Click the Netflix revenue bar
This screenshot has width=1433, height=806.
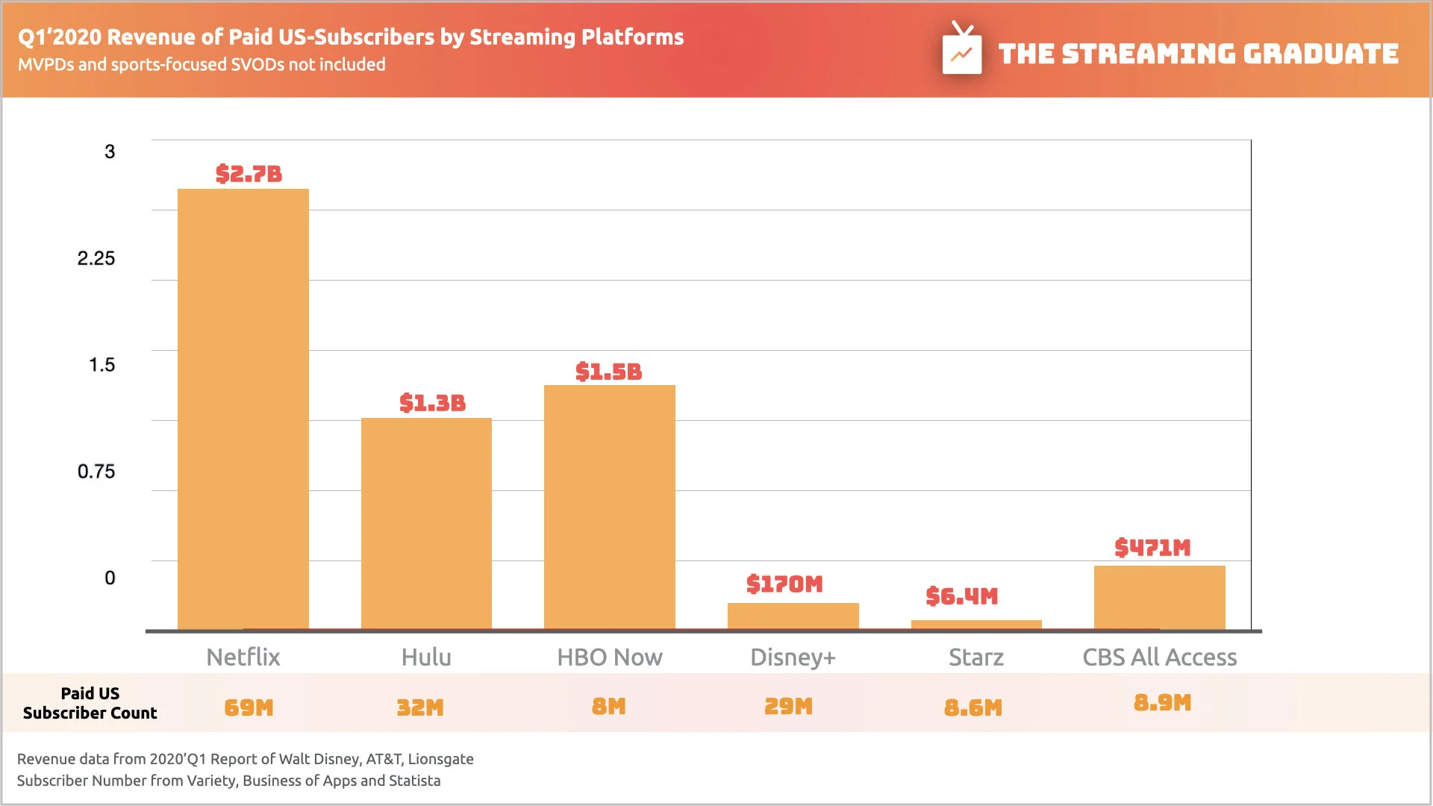pos(243,409)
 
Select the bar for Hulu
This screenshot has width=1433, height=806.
pos(426,523)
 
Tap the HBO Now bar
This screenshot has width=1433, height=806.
pos(609,507)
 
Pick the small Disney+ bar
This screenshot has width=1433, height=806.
pos(793,616)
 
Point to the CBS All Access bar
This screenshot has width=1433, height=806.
pos(1159,597)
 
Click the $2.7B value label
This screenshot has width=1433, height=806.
pos(249,174)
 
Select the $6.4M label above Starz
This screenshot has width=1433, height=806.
pos(961,596)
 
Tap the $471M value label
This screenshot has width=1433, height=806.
pos(1152,548)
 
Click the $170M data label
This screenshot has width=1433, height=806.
pos(784,584)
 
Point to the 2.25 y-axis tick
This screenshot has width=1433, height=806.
pos(96,259)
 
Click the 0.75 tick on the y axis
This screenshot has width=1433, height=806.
pos(96,472)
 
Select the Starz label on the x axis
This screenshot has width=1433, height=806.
pos(975,657)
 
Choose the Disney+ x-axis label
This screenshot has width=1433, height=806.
pos(793,657)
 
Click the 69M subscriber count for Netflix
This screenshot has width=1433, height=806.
pos(249,707)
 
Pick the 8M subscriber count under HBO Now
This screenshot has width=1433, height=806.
pos(608,707)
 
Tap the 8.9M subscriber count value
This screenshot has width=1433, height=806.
pos(1162,703)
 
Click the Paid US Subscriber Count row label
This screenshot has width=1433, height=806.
pos(90,703)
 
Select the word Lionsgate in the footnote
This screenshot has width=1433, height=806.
pos(440,759)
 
